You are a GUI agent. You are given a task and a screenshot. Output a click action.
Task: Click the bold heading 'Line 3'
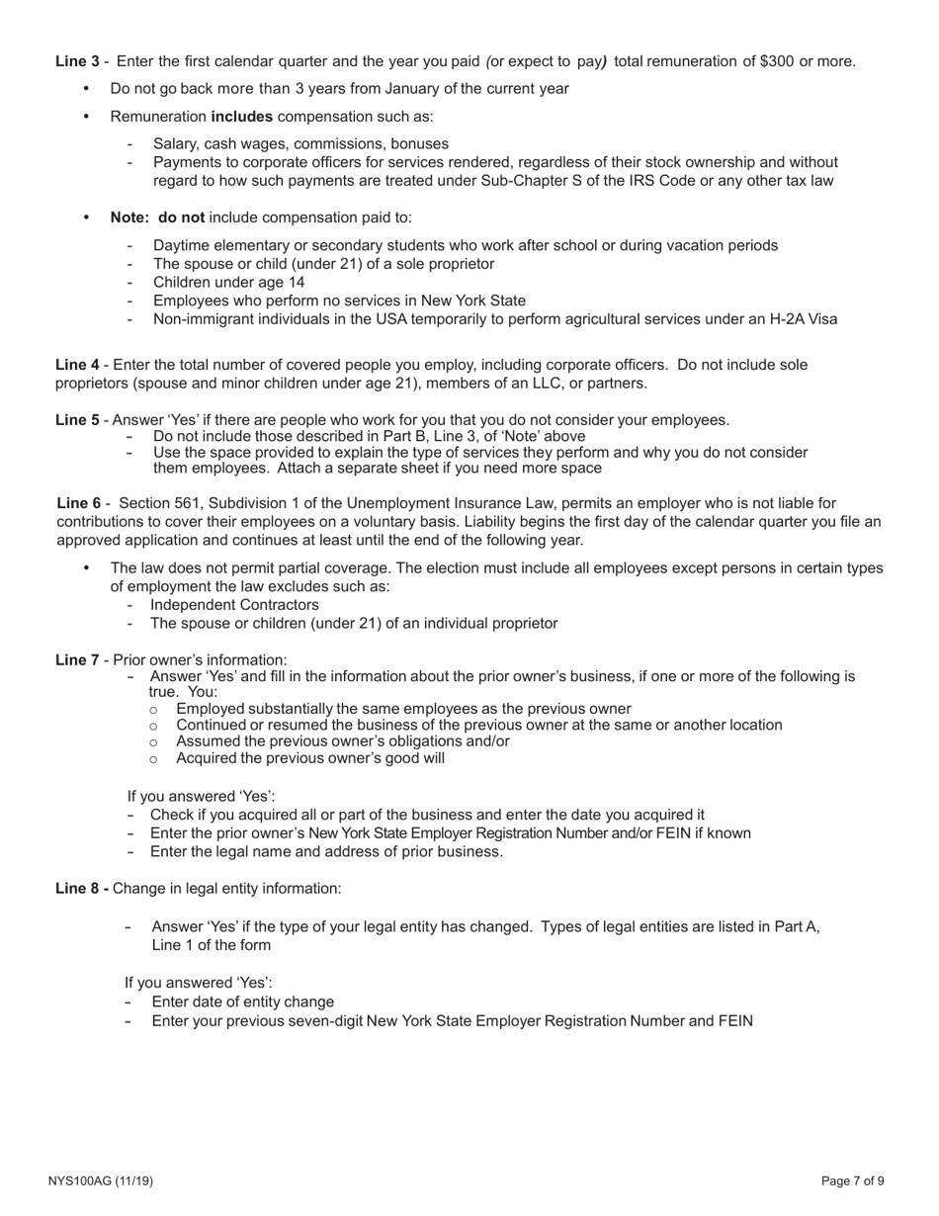point(77,61)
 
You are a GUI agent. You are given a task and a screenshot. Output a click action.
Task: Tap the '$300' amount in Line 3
point(777,61)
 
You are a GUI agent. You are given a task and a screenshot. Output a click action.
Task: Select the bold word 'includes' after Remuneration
point(242,117)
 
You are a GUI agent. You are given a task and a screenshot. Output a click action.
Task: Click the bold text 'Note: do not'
point(158,217)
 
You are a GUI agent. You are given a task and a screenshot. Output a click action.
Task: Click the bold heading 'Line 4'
point(77,365)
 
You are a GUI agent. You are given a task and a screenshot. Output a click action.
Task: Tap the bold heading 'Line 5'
point(77,420)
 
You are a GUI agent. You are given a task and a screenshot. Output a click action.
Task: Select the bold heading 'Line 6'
point(79,503)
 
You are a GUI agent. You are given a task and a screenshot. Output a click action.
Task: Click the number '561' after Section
point(187,503)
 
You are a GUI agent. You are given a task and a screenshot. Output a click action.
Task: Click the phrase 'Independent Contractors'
point(234,605)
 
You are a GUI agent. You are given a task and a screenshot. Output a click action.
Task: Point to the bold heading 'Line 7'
point(77,660)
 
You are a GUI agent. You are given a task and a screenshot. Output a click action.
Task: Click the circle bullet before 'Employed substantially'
point(153,710)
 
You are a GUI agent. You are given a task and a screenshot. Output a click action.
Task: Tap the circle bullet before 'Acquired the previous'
point(153,759)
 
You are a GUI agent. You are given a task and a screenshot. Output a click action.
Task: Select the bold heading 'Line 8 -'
point(82,888)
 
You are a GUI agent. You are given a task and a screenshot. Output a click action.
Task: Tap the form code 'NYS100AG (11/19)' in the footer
point(100,1180)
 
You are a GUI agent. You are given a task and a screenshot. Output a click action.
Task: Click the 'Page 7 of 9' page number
point(853,1180)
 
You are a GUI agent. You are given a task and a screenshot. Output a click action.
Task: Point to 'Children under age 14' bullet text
point(229,282)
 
